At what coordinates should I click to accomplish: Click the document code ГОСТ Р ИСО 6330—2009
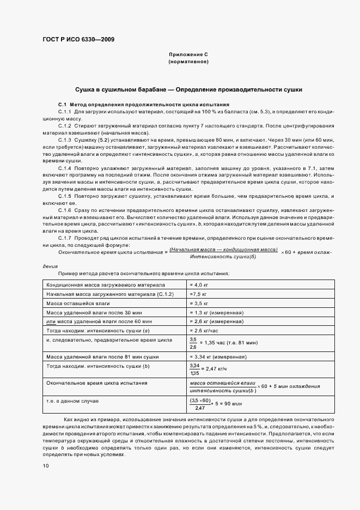point(78,40)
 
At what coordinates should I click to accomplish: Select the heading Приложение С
point(188,55)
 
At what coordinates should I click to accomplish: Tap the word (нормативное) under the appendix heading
point(188,62)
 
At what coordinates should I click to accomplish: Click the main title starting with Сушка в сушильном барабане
point(188,89)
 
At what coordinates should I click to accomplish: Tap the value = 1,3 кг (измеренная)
point(216,312)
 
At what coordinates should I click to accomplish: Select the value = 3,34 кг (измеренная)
point(217,357)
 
